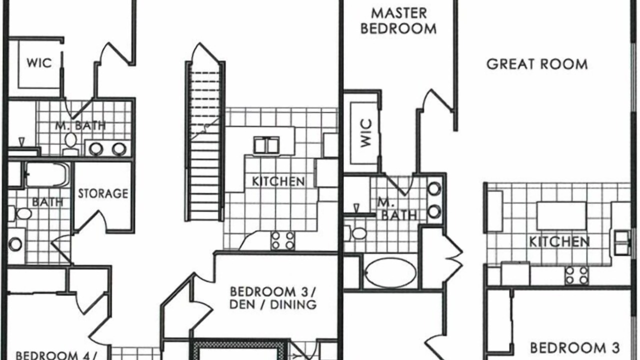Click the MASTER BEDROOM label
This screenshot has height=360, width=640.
398,21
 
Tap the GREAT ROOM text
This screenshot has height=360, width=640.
537,64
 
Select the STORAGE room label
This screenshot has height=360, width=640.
103,193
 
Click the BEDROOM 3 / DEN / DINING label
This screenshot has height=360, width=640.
273,298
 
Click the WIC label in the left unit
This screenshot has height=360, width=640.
39,63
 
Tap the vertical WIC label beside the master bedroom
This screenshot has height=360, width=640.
366,133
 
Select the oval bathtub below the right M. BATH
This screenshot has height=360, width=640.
391,272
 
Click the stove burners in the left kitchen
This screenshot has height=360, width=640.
283,240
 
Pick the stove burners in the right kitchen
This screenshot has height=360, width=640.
577,275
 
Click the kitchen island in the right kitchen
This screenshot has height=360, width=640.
561,215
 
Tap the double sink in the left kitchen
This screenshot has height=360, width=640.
266,145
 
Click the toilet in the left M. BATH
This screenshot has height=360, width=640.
70,144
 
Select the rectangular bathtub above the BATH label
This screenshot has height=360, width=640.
47,174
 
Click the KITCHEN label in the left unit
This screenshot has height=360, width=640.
278,181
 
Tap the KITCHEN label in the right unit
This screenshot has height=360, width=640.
559,241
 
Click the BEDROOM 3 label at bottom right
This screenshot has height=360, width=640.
575,348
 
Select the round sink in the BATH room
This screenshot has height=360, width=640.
15,244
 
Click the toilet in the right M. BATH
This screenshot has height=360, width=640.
355,233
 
